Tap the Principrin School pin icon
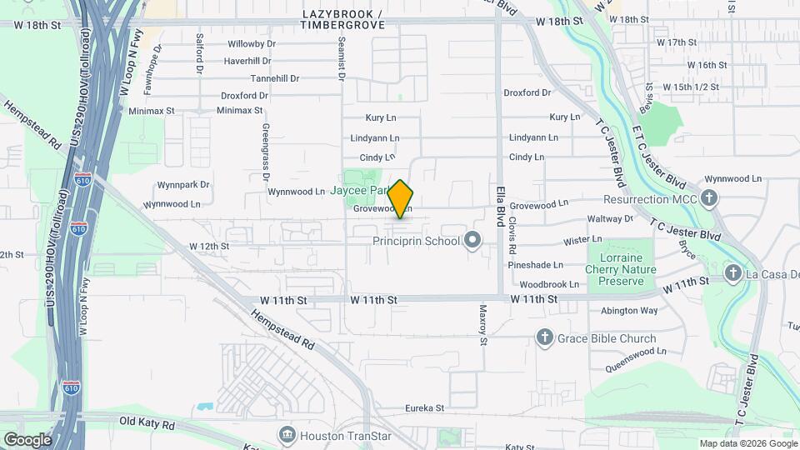click(472, 242)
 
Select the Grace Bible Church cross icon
click(544, 337)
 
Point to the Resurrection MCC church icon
click(708, 198)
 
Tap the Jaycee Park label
click(358, 191)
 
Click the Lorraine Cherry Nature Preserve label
click(622, 269)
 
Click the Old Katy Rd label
click(147, 424)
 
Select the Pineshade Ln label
click(537, 265)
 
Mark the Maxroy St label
click(482, 324)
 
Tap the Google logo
click(27, 439)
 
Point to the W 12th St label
click(208, 247)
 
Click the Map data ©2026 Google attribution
click(747, 443)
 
